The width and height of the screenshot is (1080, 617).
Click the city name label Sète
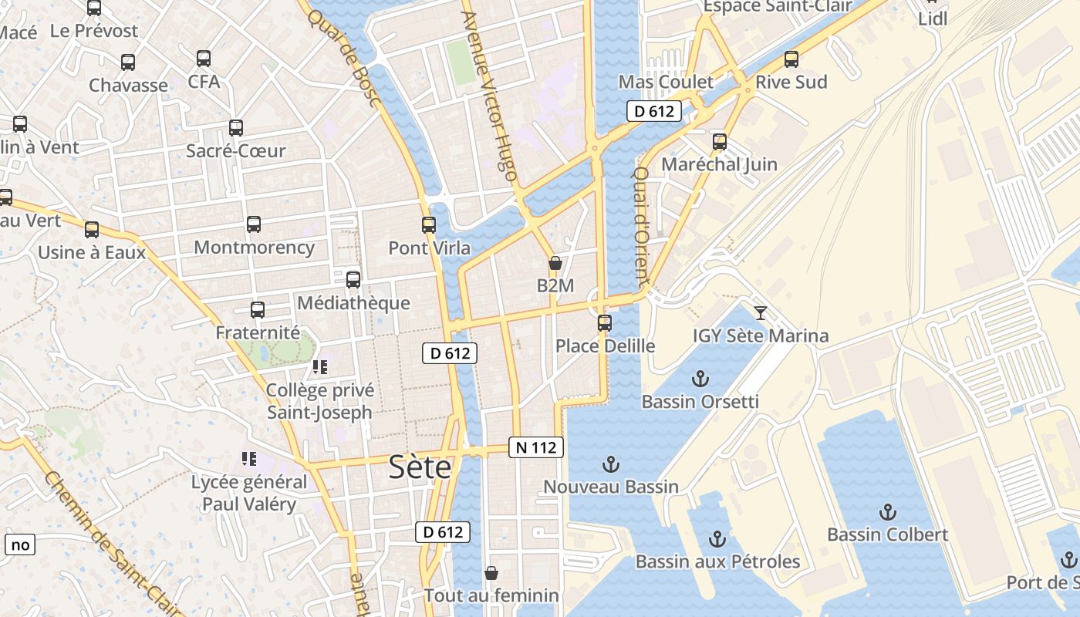(x=420, y=467)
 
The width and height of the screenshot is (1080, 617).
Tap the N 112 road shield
(x=536, y=447)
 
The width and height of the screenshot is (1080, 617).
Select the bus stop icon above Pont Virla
(x=429, y=225)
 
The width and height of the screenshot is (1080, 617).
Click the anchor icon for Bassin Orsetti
(x=700, y=379)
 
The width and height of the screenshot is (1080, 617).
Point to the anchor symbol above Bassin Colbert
(x=888, y=512)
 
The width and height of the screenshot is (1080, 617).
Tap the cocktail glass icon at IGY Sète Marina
(x=761, y=312)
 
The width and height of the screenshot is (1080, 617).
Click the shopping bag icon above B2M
(x=555, y=263)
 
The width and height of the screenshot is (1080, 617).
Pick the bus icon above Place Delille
(x=605, y=322)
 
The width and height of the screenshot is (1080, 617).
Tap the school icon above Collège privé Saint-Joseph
(x=320, y=367)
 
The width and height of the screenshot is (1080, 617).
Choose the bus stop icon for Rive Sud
(x=791, y=59)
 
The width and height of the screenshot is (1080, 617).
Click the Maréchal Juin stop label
(x=719, y=164)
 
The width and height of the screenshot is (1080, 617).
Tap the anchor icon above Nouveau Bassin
(x=611, y=464)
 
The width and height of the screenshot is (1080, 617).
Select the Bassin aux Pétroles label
(x=717, y=561)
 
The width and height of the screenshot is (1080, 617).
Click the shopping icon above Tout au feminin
(x=491, y=573)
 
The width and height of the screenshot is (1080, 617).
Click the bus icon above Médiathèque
(x=353, y=280)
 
